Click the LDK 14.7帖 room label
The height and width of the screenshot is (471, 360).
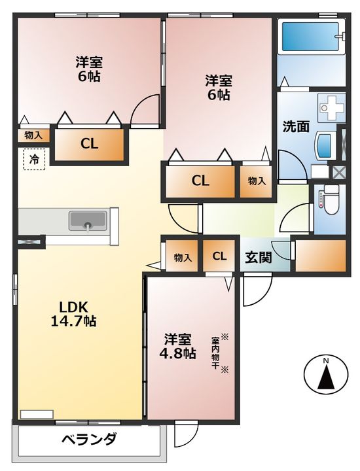click(73, 314)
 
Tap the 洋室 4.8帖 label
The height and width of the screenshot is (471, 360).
click(177, 346)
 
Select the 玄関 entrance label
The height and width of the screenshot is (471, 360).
click(259, 258)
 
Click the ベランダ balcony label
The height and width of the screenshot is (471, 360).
click(89, 440)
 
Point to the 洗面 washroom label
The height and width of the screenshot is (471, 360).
click(296, 127)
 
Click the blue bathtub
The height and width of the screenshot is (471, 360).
click(311, 37)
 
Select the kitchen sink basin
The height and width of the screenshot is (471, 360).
click(88, 221)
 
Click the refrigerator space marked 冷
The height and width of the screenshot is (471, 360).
click(34, 159)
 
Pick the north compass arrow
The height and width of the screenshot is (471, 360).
click(326, 375)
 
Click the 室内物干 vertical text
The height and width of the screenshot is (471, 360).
click(215, 353)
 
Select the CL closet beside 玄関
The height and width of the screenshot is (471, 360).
click(219, 256)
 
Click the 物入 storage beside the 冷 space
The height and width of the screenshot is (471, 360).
click(33, 136)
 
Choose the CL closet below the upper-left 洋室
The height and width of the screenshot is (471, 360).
click(89, 144)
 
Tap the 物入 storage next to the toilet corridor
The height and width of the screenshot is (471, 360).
click(256, 181)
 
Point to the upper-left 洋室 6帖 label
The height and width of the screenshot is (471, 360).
click(89, 69)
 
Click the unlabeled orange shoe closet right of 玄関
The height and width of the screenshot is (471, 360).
click(321, 256)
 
